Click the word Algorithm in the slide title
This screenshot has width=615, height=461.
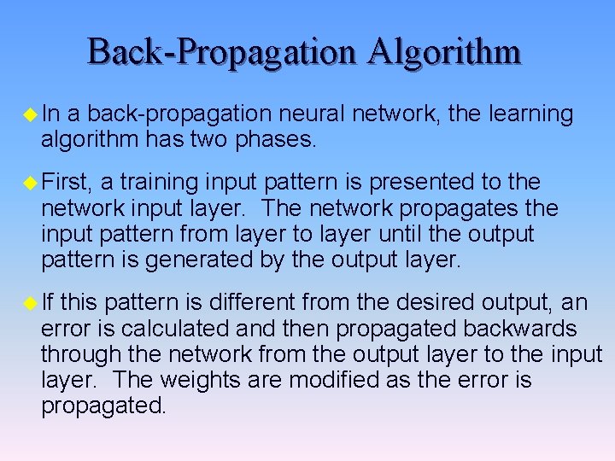445,52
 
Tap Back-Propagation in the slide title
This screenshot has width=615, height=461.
223,52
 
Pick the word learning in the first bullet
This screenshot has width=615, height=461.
532,114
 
